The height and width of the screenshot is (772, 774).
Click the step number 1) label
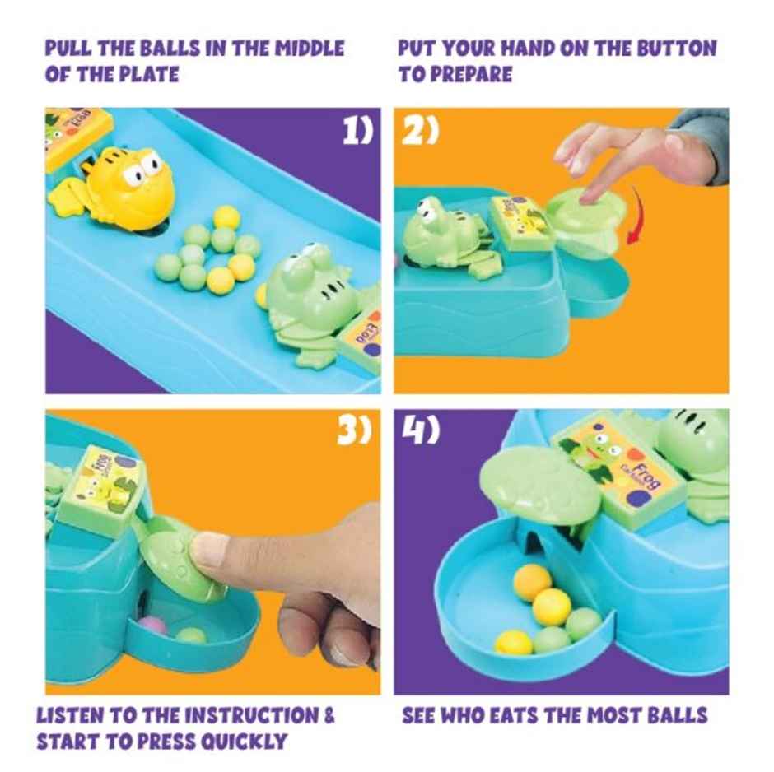click(x=357, y=132)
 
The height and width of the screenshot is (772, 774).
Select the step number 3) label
click(x=355, y=432)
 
